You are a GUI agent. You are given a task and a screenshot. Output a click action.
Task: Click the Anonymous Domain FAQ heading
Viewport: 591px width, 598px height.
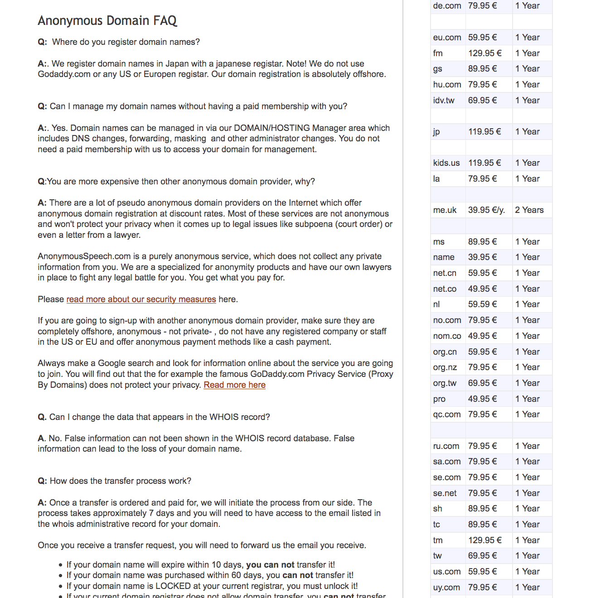(x=107, y=21)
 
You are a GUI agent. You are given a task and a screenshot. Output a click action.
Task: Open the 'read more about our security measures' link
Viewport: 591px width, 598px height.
(x=141, y=299)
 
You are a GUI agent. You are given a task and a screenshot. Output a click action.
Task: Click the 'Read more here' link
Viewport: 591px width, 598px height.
(x=234, y=385)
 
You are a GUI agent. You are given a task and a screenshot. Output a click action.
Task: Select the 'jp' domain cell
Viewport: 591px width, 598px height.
(x=436, y=132)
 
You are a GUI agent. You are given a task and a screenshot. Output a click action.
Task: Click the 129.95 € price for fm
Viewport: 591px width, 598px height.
(x=485, y=53)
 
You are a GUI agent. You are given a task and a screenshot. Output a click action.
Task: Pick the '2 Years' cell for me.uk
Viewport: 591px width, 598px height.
(x=529, y=210)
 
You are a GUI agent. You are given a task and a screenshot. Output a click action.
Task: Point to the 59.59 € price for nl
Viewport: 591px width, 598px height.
(x=483, y=304)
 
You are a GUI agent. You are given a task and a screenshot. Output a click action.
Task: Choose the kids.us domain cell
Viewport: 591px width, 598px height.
(x=446, y=163)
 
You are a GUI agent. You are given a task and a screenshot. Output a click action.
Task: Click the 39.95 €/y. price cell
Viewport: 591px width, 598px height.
(x=486, y=210)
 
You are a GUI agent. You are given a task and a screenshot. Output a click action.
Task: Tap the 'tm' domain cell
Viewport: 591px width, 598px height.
(x=438, y=540)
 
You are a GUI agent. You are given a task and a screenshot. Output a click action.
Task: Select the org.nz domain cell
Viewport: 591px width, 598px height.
(x=445, y=367)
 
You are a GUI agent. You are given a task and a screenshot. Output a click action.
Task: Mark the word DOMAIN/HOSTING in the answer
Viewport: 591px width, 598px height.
(x=272, y=128)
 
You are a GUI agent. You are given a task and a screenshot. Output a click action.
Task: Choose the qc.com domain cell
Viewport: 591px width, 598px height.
(x=447, y=415)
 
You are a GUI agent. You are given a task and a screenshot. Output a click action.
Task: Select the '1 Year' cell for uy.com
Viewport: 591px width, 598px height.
(x=528, y=588)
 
